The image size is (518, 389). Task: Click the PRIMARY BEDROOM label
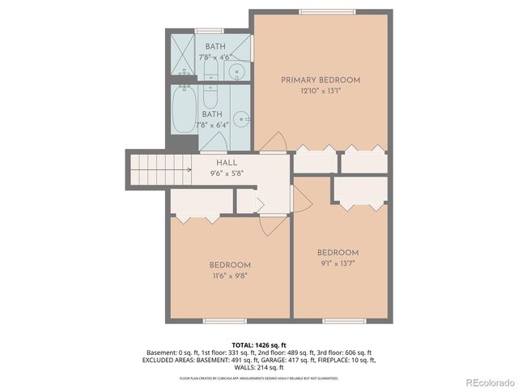tap(321, 80)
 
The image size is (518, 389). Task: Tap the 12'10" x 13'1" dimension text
tap(321, 91)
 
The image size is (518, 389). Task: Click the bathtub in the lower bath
tap(184, 111)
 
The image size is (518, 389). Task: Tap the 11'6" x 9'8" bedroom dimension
tap(230, 276)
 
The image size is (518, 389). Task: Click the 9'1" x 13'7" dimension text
tap(338, 263)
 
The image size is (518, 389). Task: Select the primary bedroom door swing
tap(276, 142)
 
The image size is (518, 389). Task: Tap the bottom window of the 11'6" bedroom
tap(224, 320)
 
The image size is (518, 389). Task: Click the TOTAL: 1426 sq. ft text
tap(260, 344)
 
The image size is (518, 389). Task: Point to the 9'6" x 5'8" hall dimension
tap(226, 173)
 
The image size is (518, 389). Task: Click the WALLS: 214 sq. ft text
tap(260, 366)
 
